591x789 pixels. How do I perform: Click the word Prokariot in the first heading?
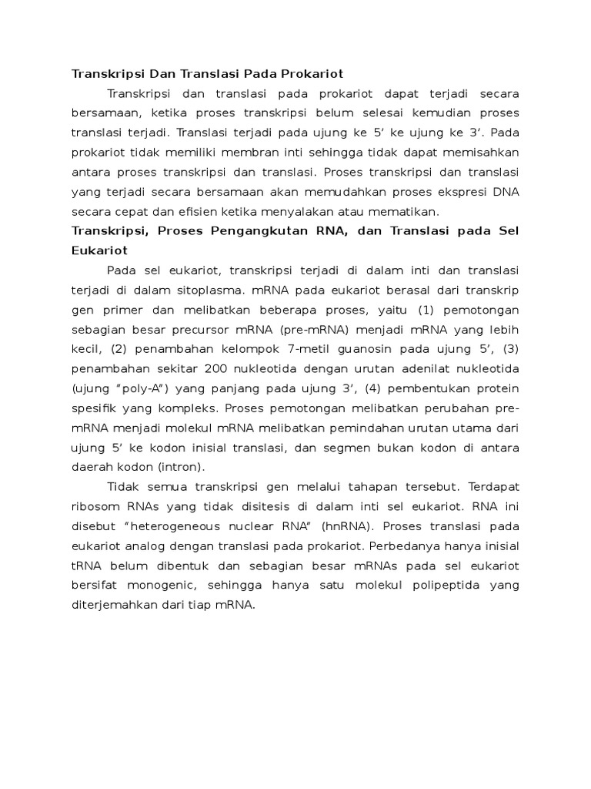312,74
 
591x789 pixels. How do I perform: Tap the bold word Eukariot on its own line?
99,250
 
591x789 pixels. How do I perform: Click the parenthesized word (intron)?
180,467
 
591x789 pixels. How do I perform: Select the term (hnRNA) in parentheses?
343,526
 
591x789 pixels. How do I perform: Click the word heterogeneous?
192,526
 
